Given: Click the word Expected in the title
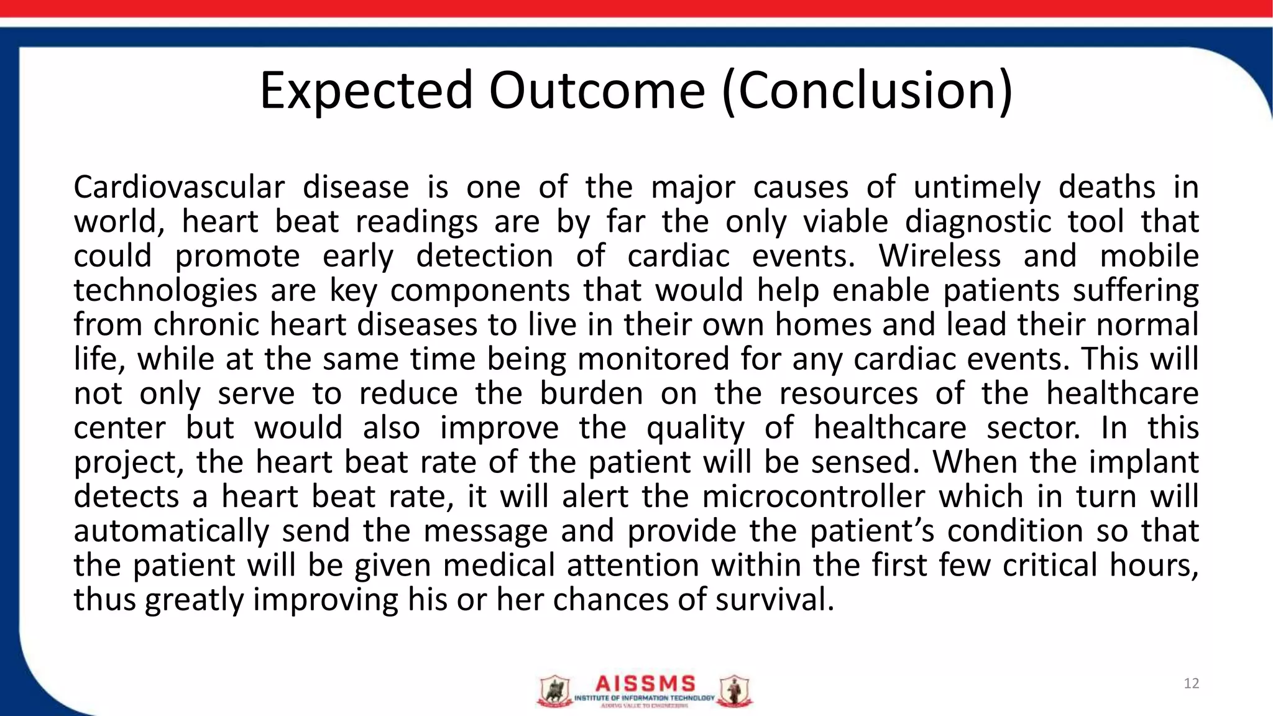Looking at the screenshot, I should (x=366, y=91).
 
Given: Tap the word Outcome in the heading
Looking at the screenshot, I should (x=597, y=91).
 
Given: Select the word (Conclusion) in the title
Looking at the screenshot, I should (x=868, y=91).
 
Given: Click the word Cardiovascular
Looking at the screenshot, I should (x=179, y=187).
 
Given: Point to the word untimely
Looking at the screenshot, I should (x=977, y=187).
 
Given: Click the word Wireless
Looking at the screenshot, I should (x=939, y=256).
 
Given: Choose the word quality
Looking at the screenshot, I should (x=695, y=428).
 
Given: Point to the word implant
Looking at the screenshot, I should (x=1144, y=462).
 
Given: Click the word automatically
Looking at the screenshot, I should (x=171, y=531).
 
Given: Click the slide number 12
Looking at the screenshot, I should (x=1191, y=684).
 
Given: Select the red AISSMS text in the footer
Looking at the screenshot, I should (x=645, y=684).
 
